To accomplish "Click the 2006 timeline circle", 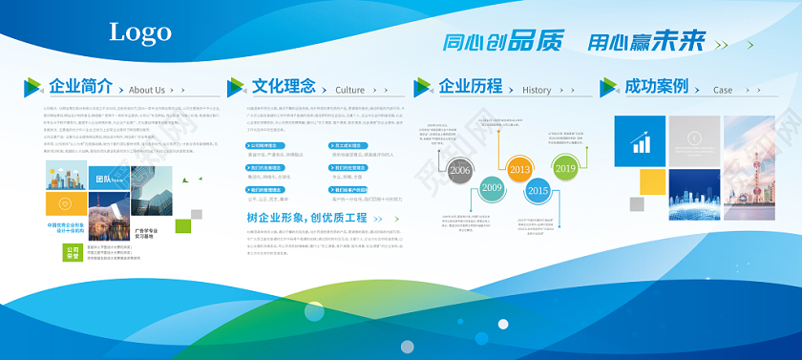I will (461, 170).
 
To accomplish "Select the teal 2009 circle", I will (492, 188).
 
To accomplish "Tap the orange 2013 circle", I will (519, 170).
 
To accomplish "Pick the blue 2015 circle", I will (538, 191).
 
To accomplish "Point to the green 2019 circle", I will (565, 169).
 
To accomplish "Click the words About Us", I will (146, 90).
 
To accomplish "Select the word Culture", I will (350, 90).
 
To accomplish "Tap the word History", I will (537, 90).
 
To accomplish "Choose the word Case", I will (723, 90).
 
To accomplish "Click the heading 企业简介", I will (81, 86).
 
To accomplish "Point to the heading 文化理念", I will (284, 86).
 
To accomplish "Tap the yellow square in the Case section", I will (651, 180).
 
